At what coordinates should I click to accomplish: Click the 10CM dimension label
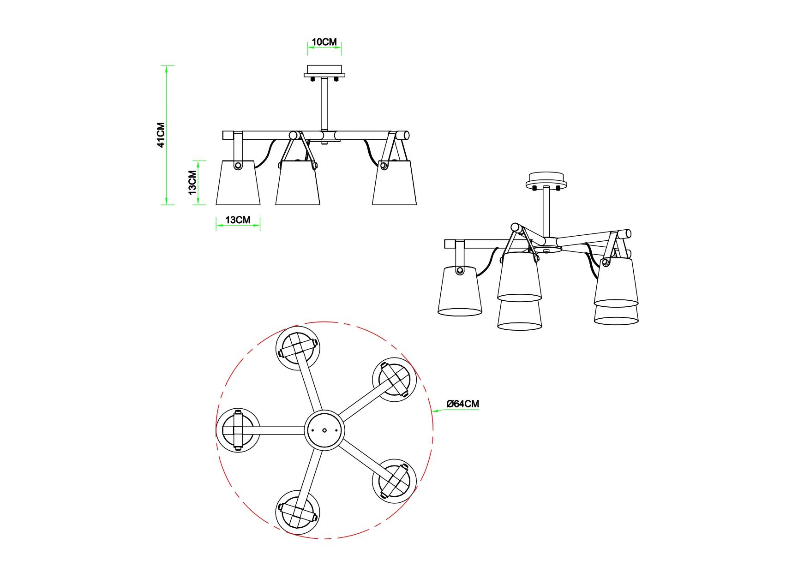click(x=324, y=42)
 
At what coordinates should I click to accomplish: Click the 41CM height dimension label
click(x=161, y=135)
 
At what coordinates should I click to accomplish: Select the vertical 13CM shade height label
click(x=192, y=182)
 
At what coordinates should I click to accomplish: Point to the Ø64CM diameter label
click(x=463, y=404)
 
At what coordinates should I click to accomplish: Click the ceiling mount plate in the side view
click(x=324, y=72)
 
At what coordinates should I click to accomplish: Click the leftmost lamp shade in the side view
click(x=238, y=182)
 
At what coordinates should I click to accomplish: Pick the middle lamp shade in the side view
click(x=298, y=182)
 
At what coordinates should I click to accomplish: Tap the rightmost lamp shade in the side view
click(x=395, y=182)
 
